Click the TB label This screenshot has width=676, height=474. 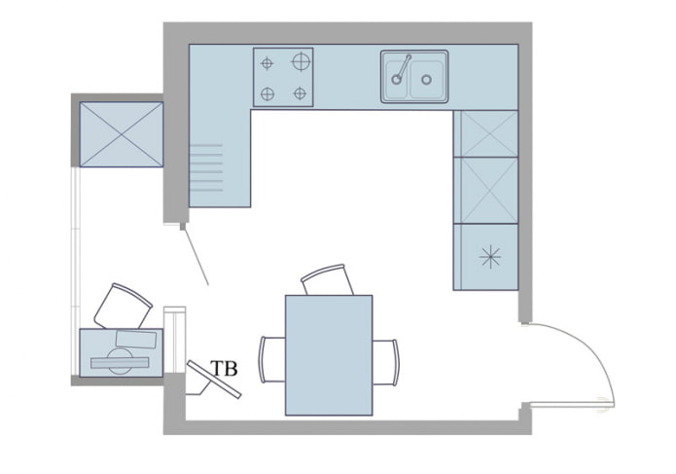pyautogui.click(x=225, y=369)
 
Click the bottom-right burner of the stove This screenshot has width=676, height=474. pyautogui.click(x=301, y=94)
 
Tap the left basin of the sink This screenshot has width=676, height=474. pyautogui.click(x=398, y=79)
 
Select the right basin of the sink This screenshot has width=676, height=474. pyautogui.click(x=428, y=79)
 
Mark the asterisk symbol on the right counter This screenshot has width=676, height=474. pyautogui.click(x=490, y=257)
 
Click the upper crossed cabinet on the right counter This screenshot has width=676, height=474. pyautogui.click(x=486, y=133)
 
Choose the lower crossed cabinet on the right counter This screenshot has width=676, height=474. pyautogui.click(x=486, y=190)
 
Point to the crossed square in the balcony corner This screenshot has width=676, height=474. pyautogui.click(x=120, y=133)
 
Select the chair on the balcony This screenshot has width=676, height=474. pyautogui.click(x=124, y=306)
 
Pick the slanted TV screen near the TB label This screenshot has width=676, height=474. pyautogui.click(x=215, y=380)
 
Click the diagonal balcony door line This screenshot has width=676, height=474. pyautogui.click(x=195, y=255)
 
